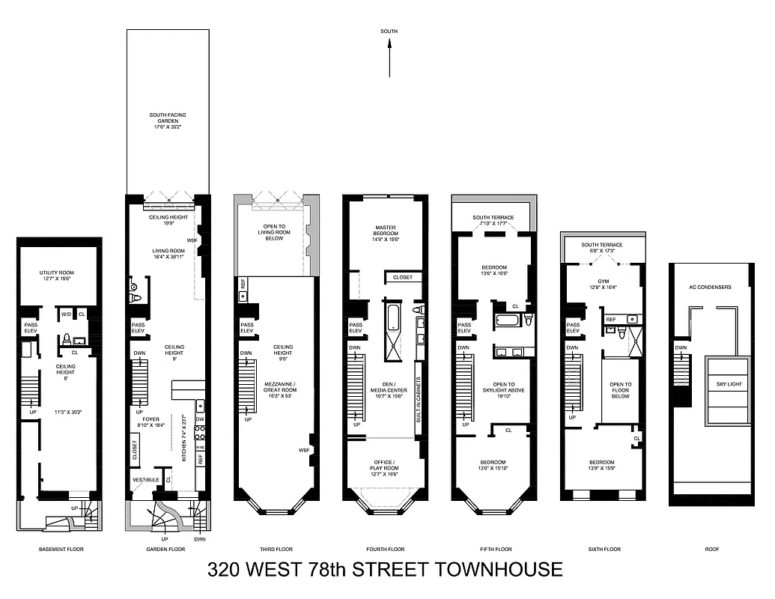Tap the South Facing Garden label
pyautogui.click(x=168, y=119)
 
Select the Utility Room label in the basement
pyautogui.click(x=58, y=275)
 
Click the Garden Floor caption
pyautogui.click(x=166, y=549)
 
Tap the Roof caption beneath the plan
pyautogui.click(x=711, y=549)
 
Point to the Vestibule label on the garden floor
pyautogui.click(x=145, y=478)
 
